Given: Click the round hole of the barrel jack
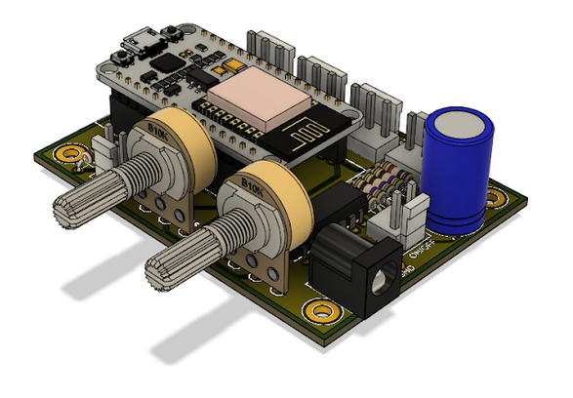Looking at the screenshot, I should click(x=380, y=285).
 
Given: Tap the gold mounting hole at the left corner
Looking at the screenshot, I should click(x=69, y=153).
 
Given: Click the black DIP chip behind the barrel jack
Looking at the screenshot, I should click(x=342, y=205).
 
